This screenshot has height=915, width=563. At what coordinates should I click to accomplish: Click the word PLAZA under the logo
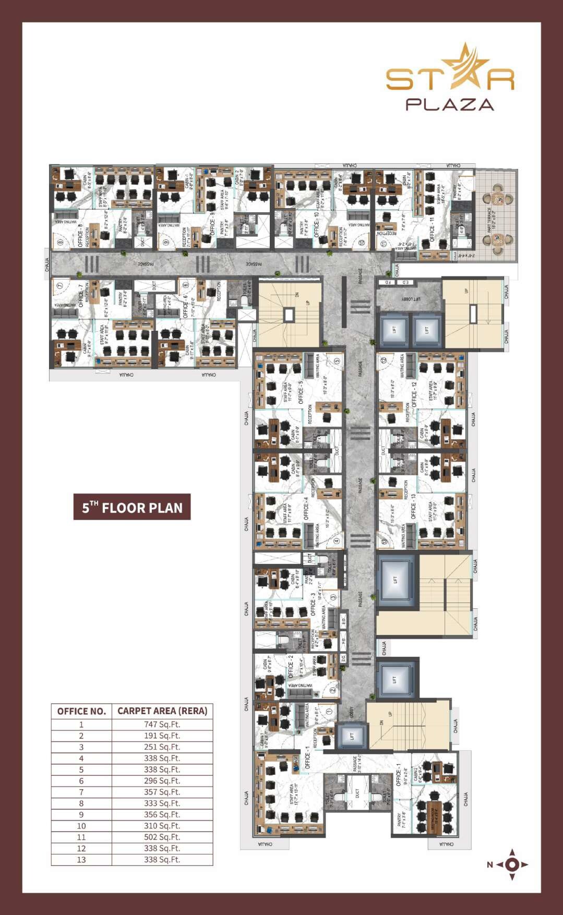click(x=449, y=104)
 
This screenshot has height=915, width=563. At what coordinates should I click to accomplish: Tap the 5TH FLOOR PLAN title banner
click(x=132, y=507)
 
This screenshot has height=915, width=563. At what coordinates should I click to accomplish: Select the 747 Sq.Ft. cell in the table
click(x=162, y=724)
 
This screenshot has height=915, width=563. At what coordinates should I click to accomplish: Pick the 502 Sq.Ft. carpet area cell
click(x=162, y=837)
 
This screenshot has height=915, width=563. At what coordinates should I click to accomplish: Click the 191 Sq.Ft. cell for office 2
click(x=162, y=736)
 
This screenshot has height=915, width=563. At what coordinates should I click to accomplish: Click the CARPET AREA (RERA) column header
click(x=162, y=711)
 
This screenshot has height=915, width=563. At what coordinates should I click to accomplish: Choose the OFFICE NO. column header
click(x=81, y=711)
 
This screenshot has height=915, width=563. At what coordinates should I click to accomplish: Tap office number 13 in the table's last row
click(x=81, y=859)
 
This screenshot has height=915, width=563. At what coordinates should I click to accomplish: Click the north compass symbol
click(x=511, y=864)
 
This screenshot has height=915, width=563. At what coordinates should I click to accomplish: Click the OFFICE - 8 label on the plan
click(x=80, y=235)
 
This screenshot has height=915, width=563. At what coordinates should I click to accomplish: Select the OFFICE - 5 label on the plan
click(x=301, y=392)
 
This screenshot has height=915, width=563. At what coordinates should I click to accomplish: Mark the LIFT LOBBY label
click(x=411, y=299)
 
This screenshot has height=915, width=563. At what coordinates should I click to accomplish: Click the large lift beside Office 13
click(x=395, y=580)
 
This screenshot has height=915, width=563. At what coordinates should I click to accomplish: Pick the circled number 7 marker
click(x=59, y=285)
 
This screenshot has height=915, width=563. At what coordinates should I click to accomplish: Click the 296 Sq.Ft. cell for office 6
click(x=162, y=780)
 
